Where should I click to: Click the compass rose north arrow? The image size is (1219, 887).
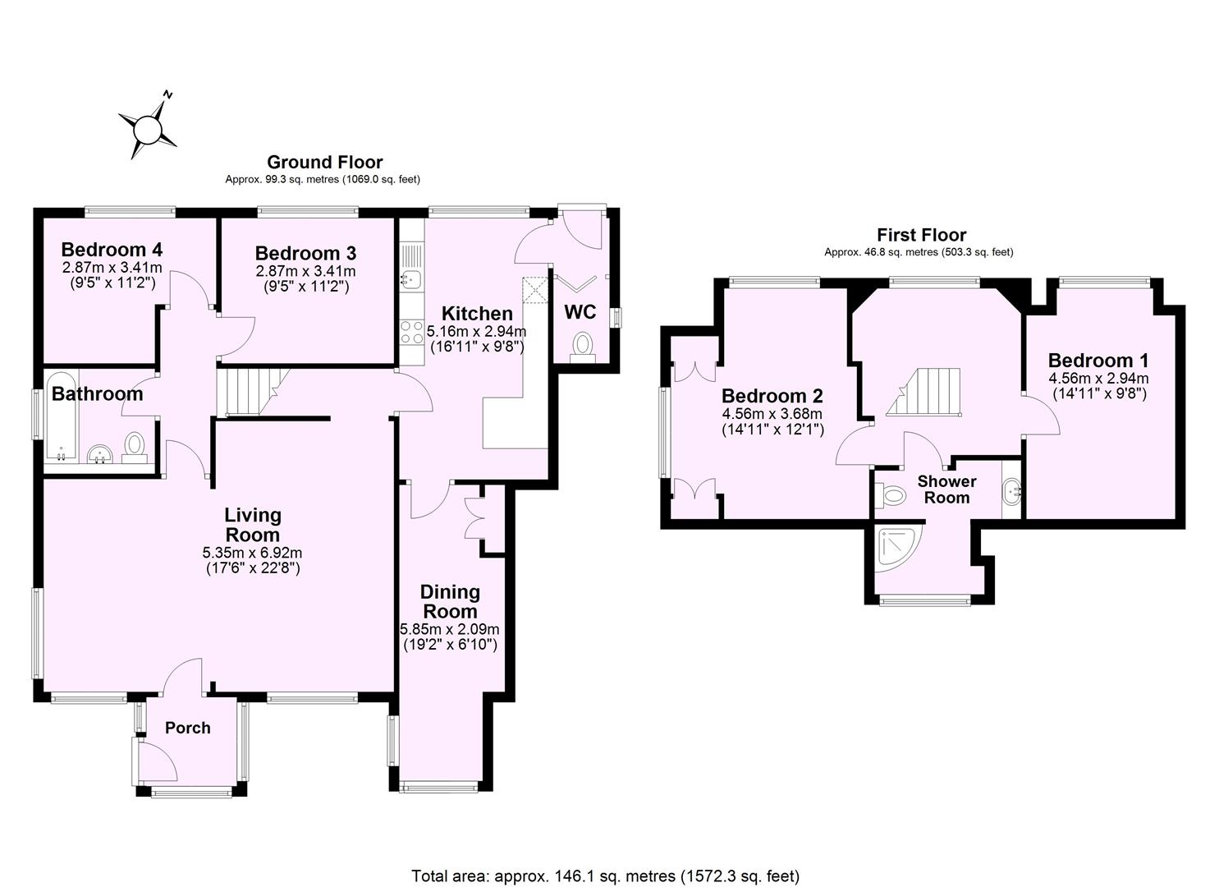[x=148, y=128]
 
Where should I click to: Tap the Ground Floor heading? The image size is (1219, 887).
[x=324, y=162]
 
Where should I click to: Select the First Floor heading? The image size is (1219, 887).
[x=921, y=235]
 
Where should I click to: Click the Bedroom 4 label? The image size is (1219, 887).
[x=112, y=250]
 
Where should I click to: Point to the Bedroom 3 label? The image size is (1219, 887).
[x=305, y=253]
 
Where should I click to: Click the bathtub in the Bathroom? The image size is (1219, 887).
[x=61, y=418]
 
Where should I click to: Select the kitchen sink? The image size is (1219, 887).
[x=410, y=279]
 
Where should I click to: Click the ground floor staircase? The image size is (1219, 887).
[x=247, y=393]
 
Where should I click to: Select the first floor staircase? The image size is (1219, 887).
[x=923, y=393]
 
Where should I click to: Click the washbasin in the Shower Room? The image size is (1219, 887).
[x=1011, y=492]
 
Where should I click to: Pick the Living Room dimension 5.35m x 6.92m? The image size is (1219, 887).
[x=253, y=552]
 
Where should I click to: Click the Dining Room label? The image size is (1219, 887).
[x=450, y=601]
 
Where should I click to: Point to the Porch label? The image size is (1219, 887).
[x=188, y=728]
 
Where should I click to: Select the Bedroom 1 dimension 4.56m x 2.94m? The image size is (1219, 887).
[x=1098, y=379]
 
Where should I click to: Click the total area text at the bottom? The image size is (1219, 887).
[x=605, y=876]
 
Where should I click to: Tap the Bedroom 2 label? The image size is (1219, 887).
[x=772, y=396]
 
